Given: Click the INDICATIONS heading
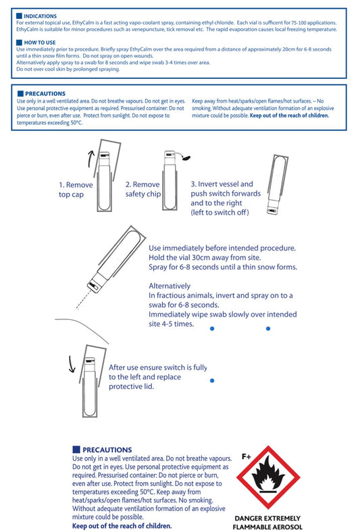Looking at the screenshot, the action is tap(40, 16).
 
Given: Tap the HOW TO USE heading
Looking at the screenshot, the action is tap(40, 43).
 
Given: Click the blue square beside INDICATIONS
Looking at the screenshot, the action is tap(19, 16).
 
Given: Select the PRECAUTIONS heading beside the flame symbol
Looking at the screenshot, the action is tap(107, 450).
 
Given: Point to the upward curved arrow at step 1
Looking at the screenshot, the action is tap(90, 159).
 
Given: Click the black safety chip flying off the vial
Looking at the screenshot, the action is tap(186, 157).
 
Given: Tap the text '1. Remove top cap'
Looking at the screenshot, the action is tap(76, 190).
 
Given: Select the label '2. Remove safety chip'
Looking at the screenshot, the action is tap(143, 189).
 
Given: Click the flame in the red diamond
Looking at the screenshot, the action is tap(268, 475).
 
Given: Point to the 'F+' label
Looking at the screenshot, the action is tap(247, 456).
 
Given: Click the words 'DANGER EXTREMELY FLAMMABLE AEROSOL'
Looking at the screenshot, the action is tap(267, 523).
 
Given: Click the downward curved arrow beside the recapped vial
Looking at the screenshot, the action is tap(72, 364).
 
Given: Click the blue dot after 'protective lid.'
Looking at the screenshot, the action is tap(212, 381).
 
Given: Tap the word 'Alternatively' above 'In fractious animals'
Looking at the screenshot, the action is tap(170, 286).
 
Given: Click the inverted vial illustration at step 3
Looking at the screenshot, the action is tap(277, 185).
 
